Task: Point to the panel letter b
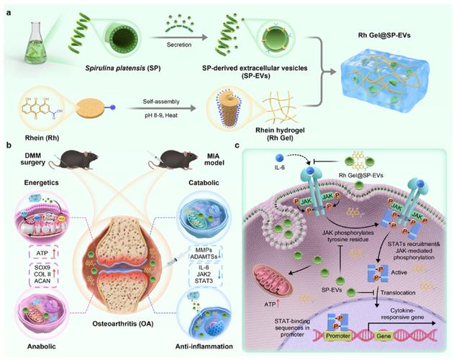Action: pyautogui.click(x=8, y=145)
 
